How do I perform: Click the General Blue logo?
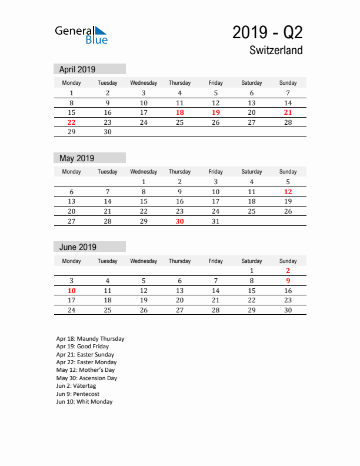[81, 35]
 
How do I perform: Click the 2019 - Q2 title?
[267, 32]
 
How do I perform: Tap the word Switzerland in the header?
[276, 51]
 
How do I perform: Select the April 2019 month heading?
[77, 69]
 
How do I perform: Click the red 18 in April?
[179, 112]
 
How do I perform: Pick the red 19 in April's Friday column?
[215, 112]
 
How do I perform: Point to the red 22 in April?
[72, 122]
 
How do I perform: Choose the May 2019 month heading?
[76, 158]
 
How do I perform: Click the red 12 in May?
[288, 192]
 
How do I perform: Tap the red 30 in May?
[179, 221]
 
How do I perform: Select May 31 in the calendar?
[215, 221]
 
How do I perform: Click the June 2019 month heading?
[78, 247]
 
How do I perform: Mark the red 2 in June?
[288, 271]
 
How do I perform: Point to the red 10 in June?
[72, 291]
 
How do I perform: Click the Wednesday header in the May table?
[144, 172]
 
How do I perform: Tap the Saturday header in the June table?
[252, 261]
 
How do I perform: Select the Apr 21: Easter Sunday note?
[85, 355]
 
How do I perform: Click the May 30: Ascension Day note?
[86, 378]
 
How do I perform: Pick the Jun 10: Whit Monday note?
[84, 402]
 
